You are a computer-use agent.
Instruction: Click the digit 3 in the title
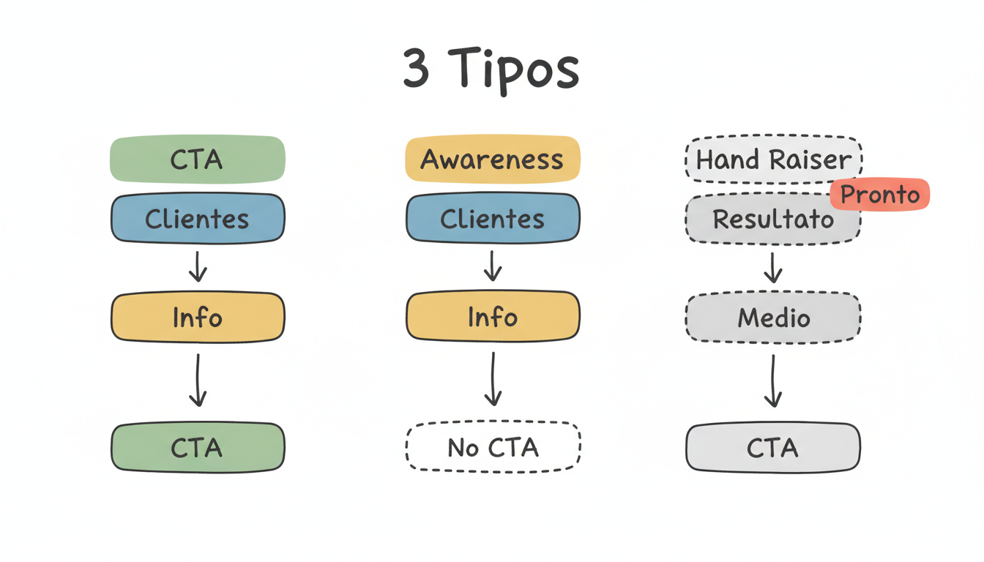417,69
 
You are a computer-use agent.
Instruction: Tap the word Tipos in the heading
513,70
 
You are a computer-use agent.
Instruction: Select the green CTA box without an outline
197,159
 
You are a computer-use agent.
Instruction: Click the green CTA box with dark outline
197,447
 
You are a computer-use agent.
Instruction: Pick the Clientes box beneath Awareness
493,218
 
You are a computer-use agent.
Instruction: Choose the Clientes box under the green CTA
197,218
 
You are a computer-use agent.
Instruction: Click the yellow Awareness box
493,159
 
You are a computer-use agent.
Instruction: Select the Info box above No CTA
493,317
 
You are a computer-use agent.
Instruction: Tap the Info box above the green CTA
197,317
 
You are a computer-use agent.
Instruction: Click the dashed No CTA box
493,447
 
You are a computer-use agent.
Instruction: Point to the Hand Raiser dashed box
773,159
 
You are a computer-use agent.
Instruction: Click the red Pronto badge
880,195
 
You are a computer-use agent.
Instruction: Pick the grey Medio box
773,317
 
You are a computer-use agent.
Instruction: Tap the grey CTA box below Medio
773,447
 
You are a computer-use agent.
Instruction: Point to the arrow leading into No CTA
493,379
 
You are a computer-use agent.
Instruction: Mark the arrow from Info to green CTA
197,381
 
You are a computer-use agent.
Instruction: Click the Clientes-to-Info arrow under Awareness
493,266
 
